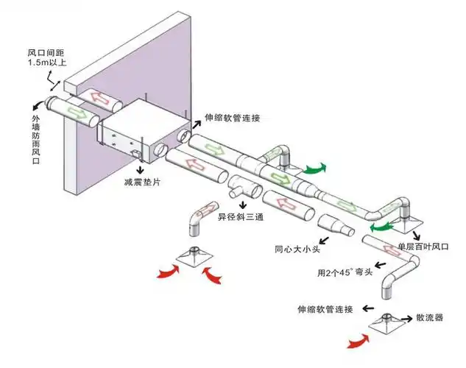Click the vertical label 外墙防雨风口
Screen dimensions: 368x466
[36, 140]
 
